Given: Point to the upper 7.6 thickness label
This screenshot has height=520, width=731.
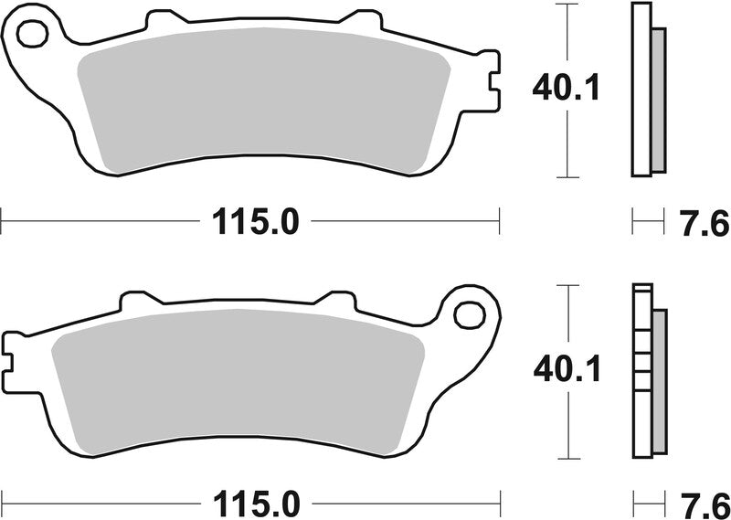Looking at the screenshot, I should click(704, 222).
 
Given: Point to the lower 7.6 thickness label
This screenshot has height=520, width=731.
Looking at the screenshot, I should click(704, 504).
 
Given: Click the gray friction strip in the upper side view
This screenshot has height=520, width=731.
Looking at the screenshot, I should click(658, 100).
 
